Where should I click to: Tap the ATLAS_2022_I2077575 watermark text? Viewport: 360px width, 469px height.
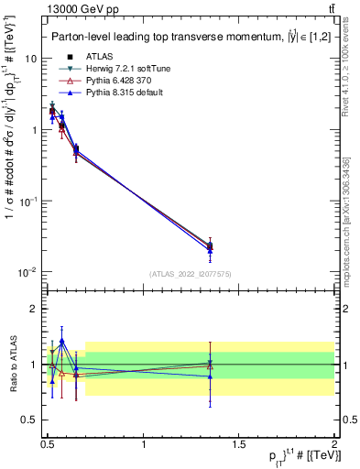tap(191, 273)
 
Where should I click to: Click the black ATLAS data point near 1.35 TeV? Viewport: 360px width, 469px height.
tap(210, 245)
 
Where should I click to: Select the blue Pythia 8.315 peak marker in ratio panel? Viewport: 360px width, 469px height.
tap(61, 341)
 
